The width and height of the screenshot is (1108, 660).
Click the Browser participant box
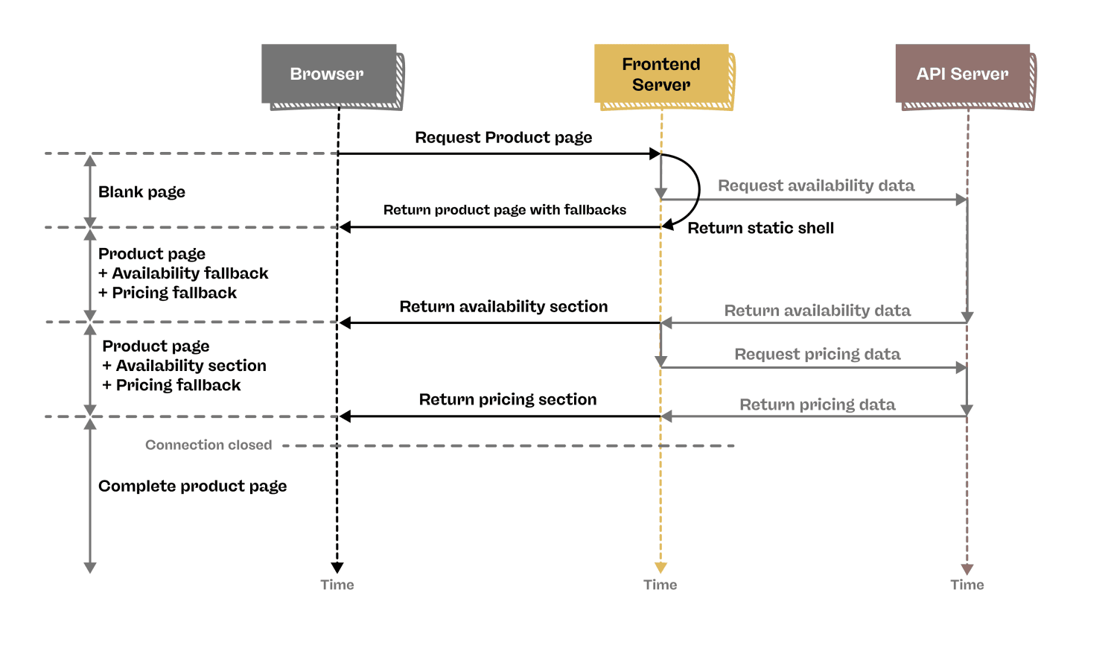point(328,74)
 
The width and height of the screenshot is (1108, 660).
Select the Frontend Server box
point(661,74)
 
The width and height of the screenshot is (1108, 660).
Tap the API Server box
point(962,74)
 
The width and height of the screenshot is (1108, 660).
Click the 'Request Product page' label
point(503,138)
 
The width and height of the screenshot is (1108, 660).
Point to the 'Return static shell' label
point(760,229)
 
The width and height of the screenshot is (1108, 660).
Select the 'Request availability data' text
point(815,185)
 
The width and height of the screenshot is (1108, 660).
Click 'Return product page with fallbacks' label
point(504,210)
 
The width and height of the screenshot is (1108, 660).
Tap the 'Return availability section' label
point(503,307)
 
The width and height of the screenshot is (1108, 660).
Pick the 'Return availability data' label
point(817,311)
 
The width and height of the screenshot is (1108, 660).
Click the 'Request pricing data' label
point(817,355)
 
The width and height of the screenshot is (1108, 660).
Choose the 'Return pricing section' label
point(507,400)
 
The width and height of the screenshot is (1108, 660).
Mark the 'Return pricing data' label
point(817,405)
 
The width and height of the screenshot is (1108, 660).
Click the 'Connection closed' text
point(208,445)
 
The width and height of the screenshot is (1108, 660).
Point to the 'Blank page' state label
point(141,192)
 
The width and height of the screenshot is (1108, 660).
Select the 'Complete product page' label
point(192,486)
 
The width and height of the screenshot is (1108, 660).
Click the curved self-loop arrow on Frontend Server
point(698,190)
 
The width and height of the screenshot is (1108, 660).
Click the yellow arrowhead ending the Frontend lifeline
point(660,568)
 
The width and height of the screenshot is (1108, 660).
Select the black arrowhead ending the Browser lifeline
point(337,568)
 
